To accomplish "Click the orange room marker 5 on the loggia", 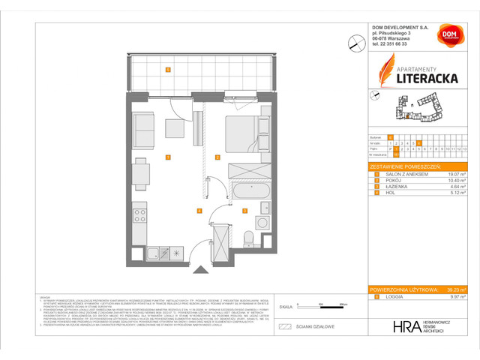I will point(168,70).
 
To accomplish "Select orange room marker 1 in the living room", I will point(168,157).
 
